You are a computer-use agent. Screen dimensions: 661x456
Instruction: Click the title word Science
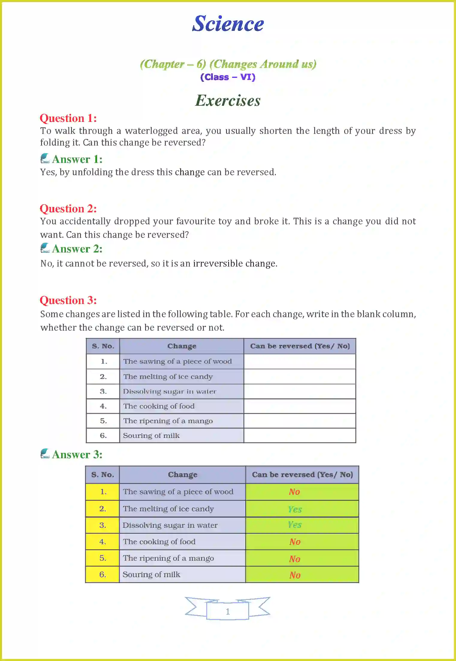point(228,24)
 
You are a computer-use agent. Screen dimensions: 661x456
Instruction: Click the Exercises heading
point(228,100)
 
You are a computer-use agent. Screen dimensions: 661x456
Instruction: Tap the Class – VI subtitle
point(228,77)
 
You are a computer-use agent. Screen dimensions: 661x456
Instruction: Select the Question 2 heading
point(68,208)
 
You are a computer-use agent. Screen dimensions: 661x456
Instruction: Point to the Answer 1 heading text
point(77,159)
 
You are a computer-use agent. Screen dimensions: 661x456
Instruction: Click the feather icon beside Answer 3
point(45,453)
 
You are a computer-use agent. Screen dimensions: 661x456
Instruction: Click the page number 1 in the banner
point(228,611)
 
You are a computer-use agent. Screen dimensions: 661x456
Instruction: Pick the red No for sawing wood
point(294,492)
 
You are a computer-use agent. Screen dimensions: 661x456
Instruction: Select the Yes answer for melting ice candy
point(295,509)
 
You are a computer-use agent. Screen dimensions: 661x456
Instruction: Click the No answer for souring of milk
point(295,575)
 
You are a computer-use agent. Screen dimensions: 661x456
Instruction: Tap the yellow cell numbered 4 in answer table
point(103,542)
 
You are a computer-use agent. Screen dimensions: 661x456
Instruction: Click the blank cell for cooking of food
point(300,406)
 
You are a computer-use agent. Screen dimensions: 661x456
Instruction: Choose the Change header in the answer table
point(183,475)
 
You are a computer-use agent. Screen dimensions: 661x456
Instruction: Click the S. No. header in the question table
point(103,346)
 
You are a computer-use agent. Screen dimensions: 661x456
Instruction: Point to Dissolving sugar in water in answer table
point(170,525)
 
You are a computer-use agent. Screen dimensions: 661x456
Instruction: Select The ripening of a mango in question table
point(168,421)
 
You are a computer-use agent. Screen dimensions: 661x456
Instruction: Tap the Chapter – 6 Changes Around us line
point(228,64)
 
